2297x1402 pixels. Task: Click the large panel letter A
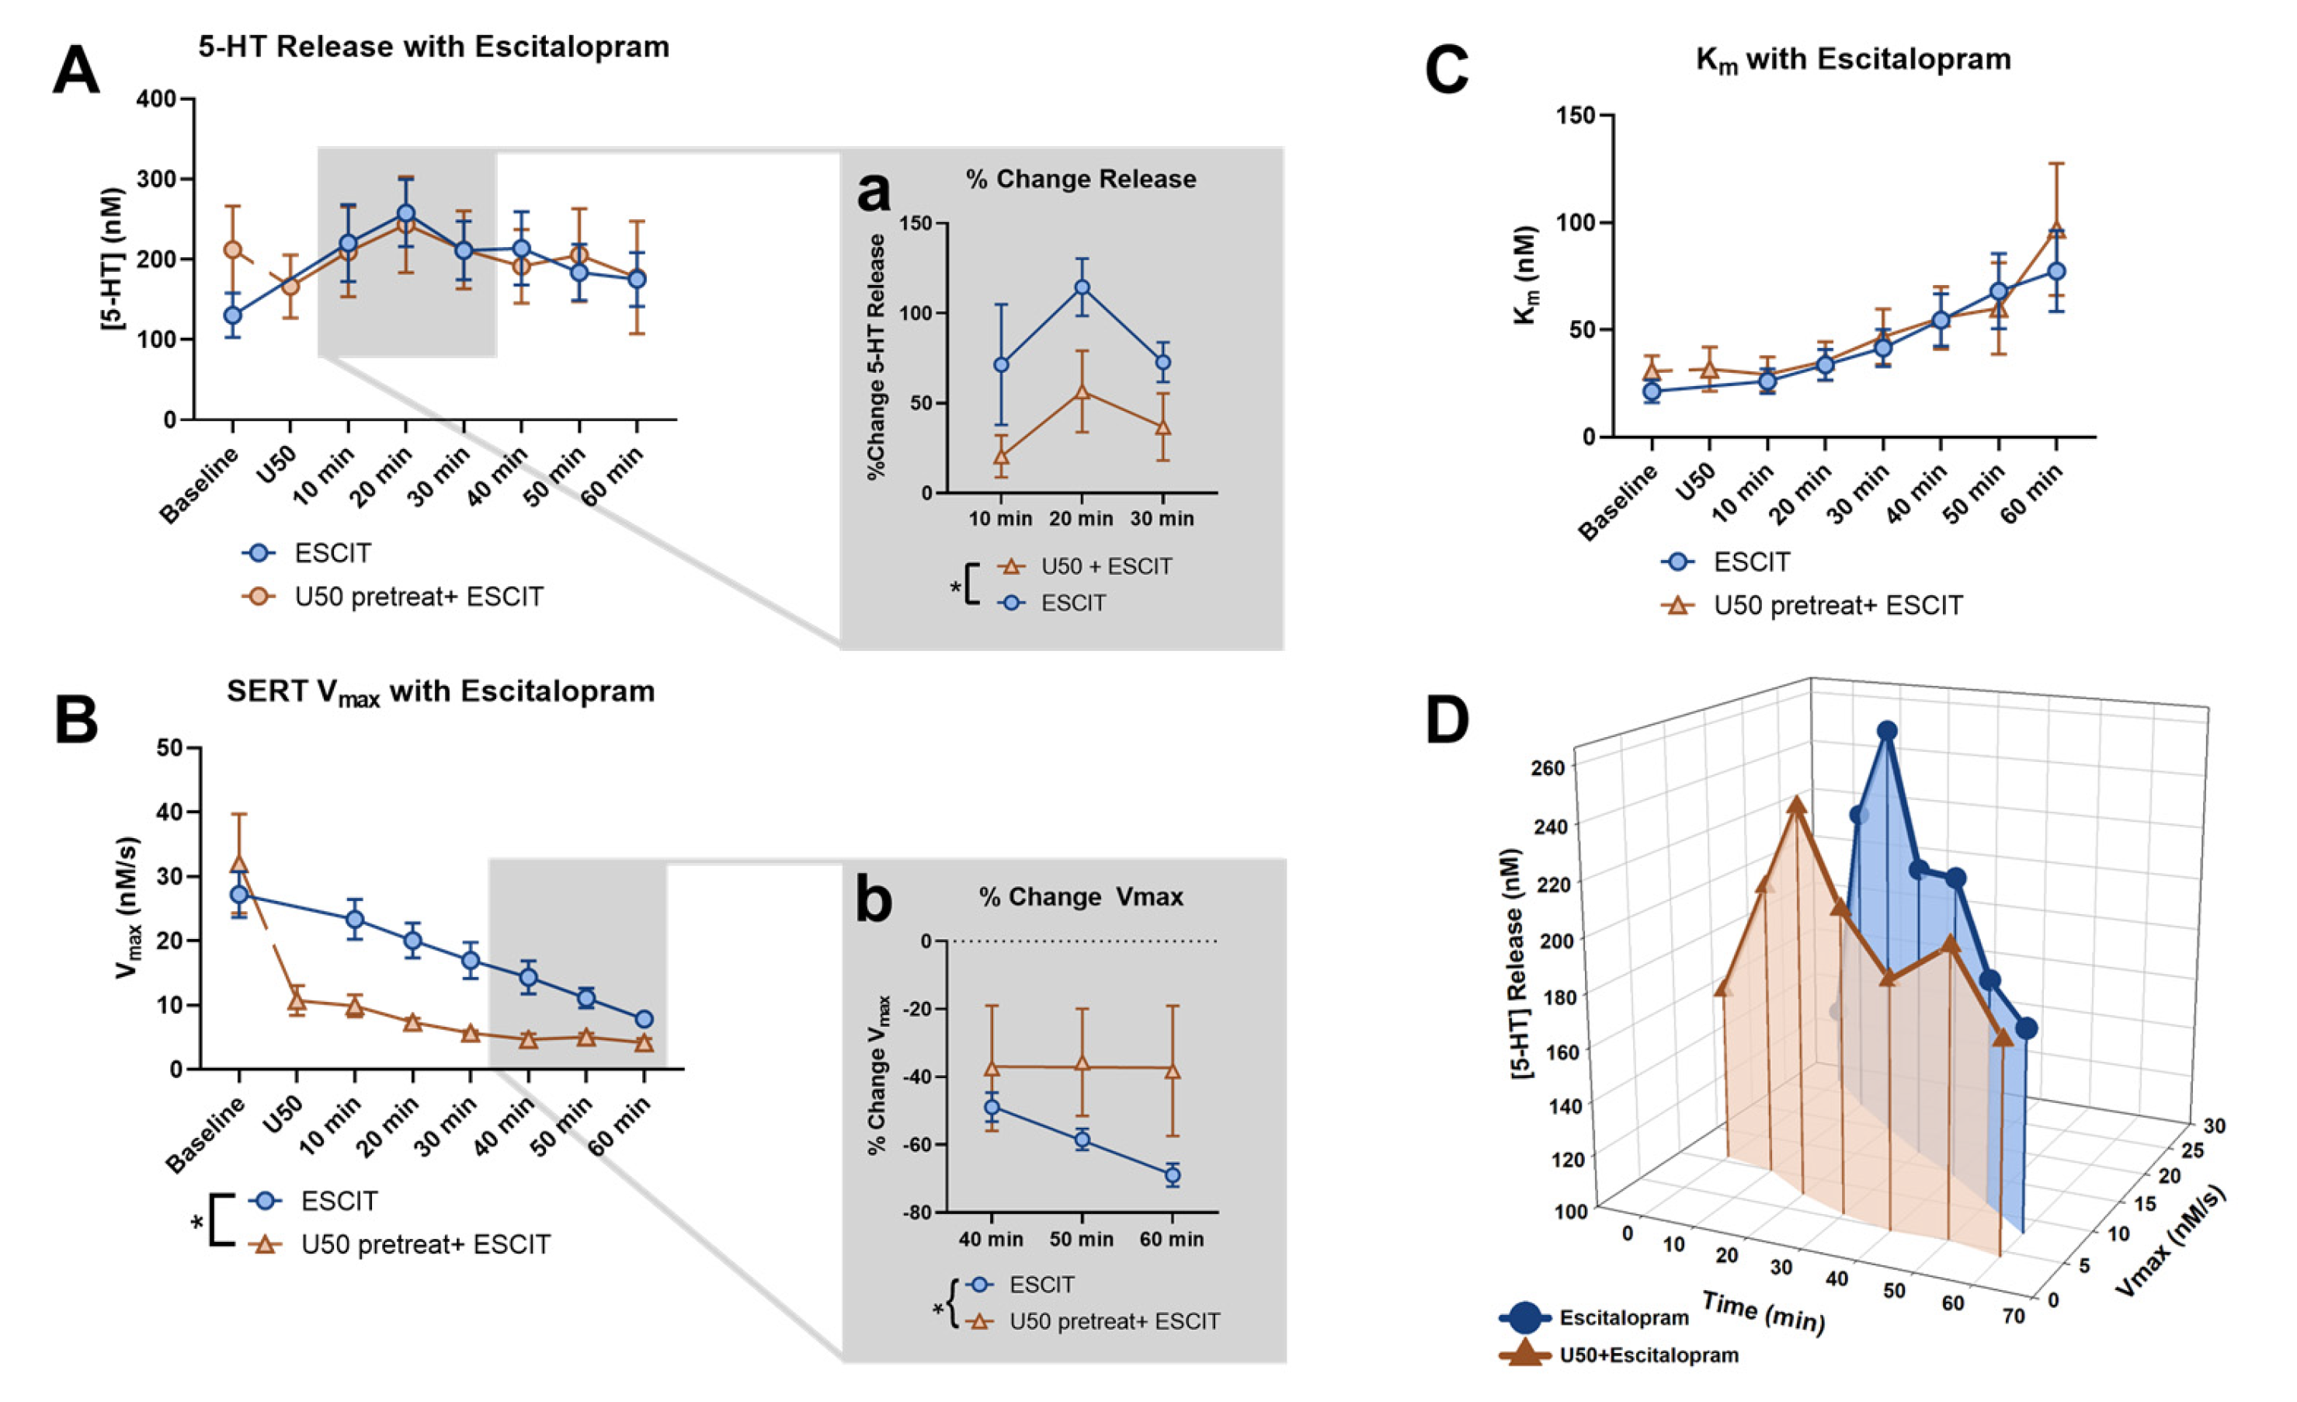point(75,70)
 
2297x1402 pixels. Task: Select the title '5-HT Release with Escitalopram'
point(433,47)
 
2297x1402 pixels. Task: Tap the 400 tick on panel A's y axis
point(157,99)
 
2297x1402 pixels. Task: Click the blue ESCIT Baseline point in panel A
point(233,315)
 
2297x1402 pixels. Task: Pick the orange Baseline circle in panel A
point(233,250)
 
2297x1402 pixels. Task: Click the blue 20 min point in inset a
point(1082,287)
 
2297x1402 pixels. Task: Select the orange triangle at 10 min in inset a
point(1001,457)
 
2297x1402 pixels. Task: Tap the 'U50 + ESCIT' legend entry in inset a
point(1106,565)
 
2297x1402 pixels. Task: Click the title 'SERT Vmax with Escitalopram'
point(440,691)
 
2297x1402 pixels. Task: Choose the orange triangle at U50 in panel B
point(297,1001)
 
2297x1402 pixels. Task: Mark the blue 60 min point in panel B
point(643,1019)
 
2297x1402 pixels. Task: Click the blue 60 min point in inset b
point(1172,1174)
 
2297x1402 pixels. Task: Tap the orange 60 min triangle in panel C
point(2056,230)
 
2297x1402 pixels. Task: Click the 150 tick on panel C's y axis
point(1576,116)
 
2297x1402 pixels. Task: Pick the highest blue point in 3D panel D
point(1887,731)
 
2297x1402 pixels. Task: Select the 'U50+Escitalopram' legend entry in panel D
point(1648,1355)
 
